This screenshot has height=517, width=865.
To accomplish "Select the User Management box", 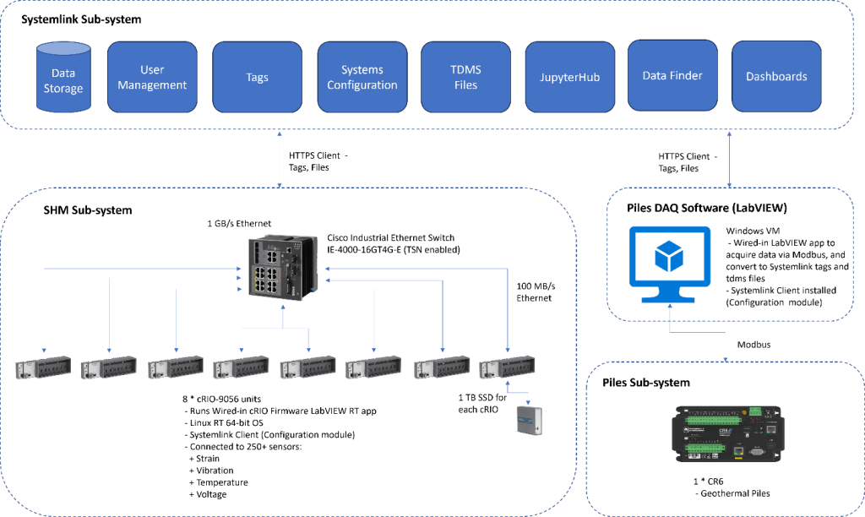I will click(152, 77).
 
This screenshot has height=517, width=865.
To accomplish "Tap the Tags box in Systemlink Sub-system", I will click(257, 77).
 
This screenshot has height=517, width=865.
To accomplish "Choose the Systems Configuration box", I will click(362, 77).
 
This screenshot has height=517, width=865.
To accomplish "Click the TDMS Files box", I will click(465, 77).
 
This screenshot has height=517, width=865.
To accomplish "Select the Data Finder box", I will click(672, 76).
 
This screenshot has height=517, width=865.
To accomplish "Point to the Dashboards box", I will click(776, 76).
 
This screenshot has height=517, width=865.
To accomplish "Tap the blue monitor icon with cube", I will click(671, 264).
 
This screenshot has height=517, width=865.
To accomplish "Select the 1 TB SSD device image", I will click(530, 420).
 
